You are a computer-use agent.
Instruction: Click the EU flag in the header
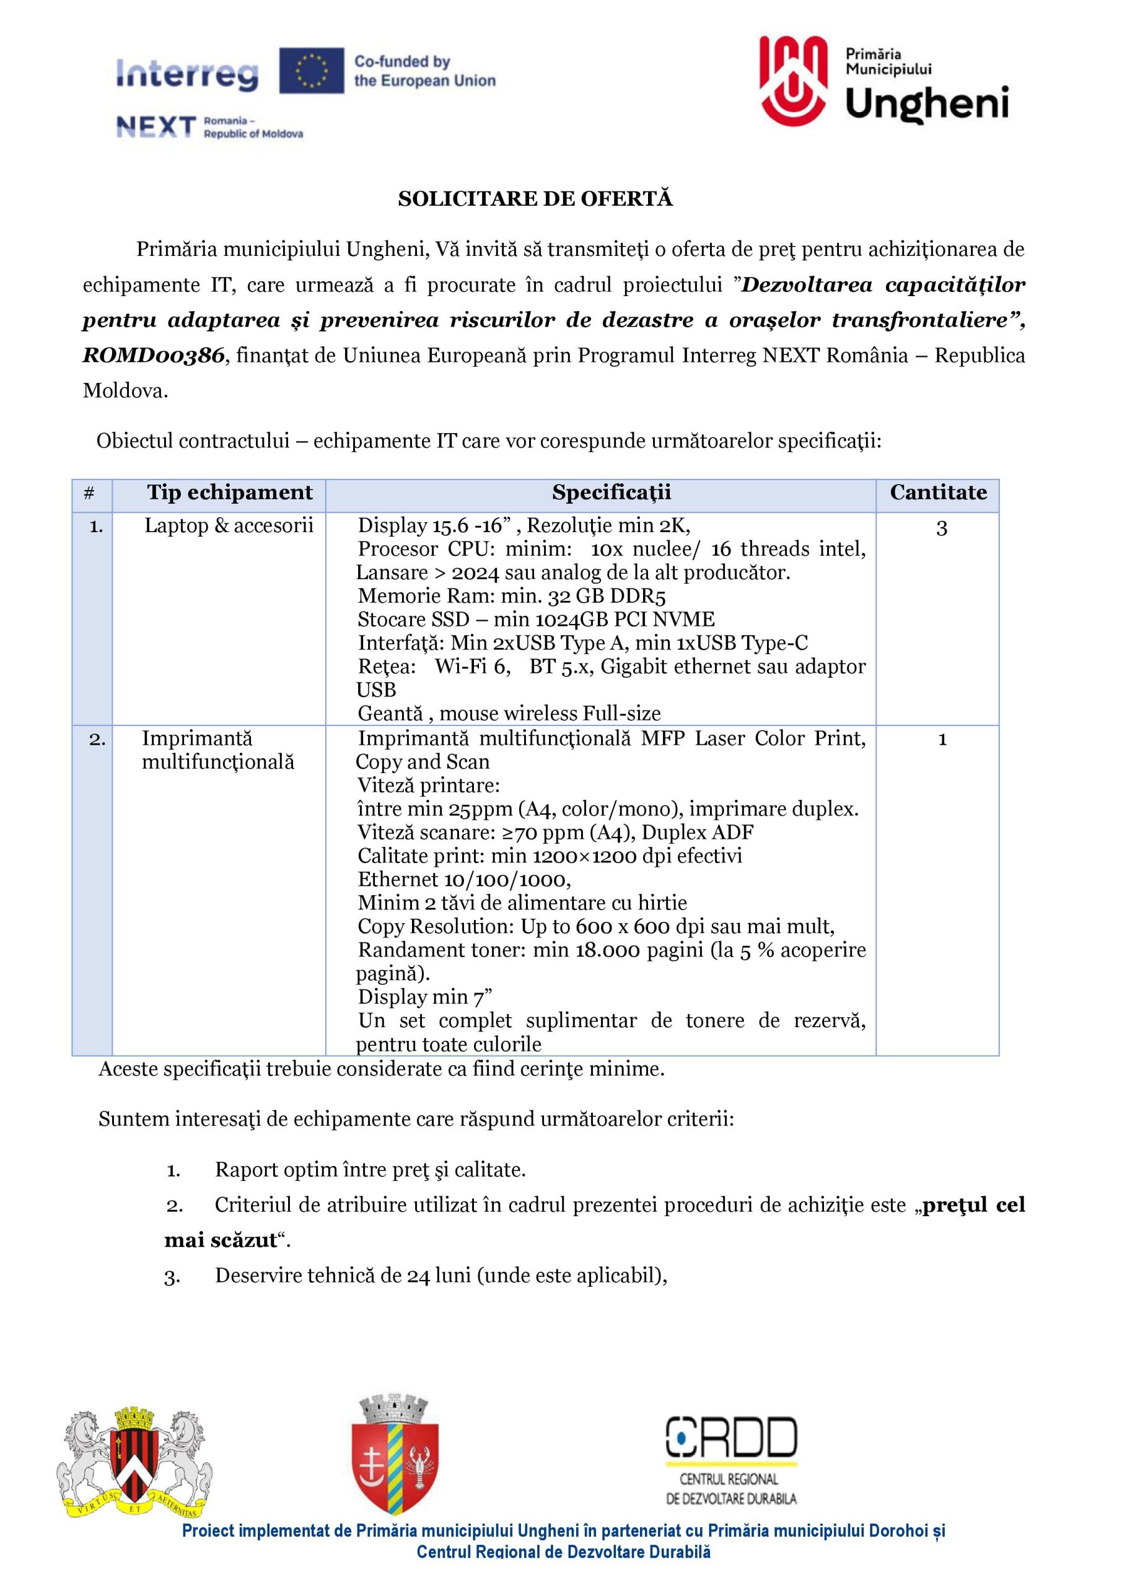[x=312, y=71]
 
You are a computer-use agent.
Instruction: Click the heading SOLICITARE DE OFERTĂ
[x=535, y=199]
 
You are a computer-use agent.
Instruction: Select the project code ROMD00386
[x=154, y=356]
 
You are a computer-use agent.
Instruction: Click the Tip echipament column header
[x=229, y=493]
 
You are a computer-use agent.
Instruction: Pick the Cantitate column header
[x=937, y=493]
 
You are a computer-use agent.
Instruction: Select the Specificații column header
[x=611, y=493]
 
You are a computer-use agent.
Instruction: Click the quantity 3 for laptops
[x=941, y=528]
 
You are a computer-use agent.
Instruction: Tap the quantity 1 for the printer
[x=942, y=740]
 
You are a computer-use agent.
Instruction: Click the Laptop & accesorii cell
[x=229, y=526]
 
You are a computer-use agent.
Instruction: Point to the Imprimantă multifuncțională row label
[x=217, y=750]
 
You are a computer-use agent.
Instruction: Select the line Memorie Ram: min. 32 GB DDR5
[x=511, y=596]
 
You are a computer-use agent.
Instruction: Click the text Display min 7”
[x=424, y=997]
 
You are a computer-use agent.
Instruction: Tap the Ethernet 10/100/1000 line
[x=463, y=879]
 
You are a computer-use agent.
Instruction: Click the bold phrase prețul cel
[x=973, y=1205]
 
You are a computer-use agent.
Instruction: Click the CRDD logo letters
[x=731, y=1437]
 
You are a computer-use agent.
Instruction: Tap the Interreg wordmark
[x=187, y=74]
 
